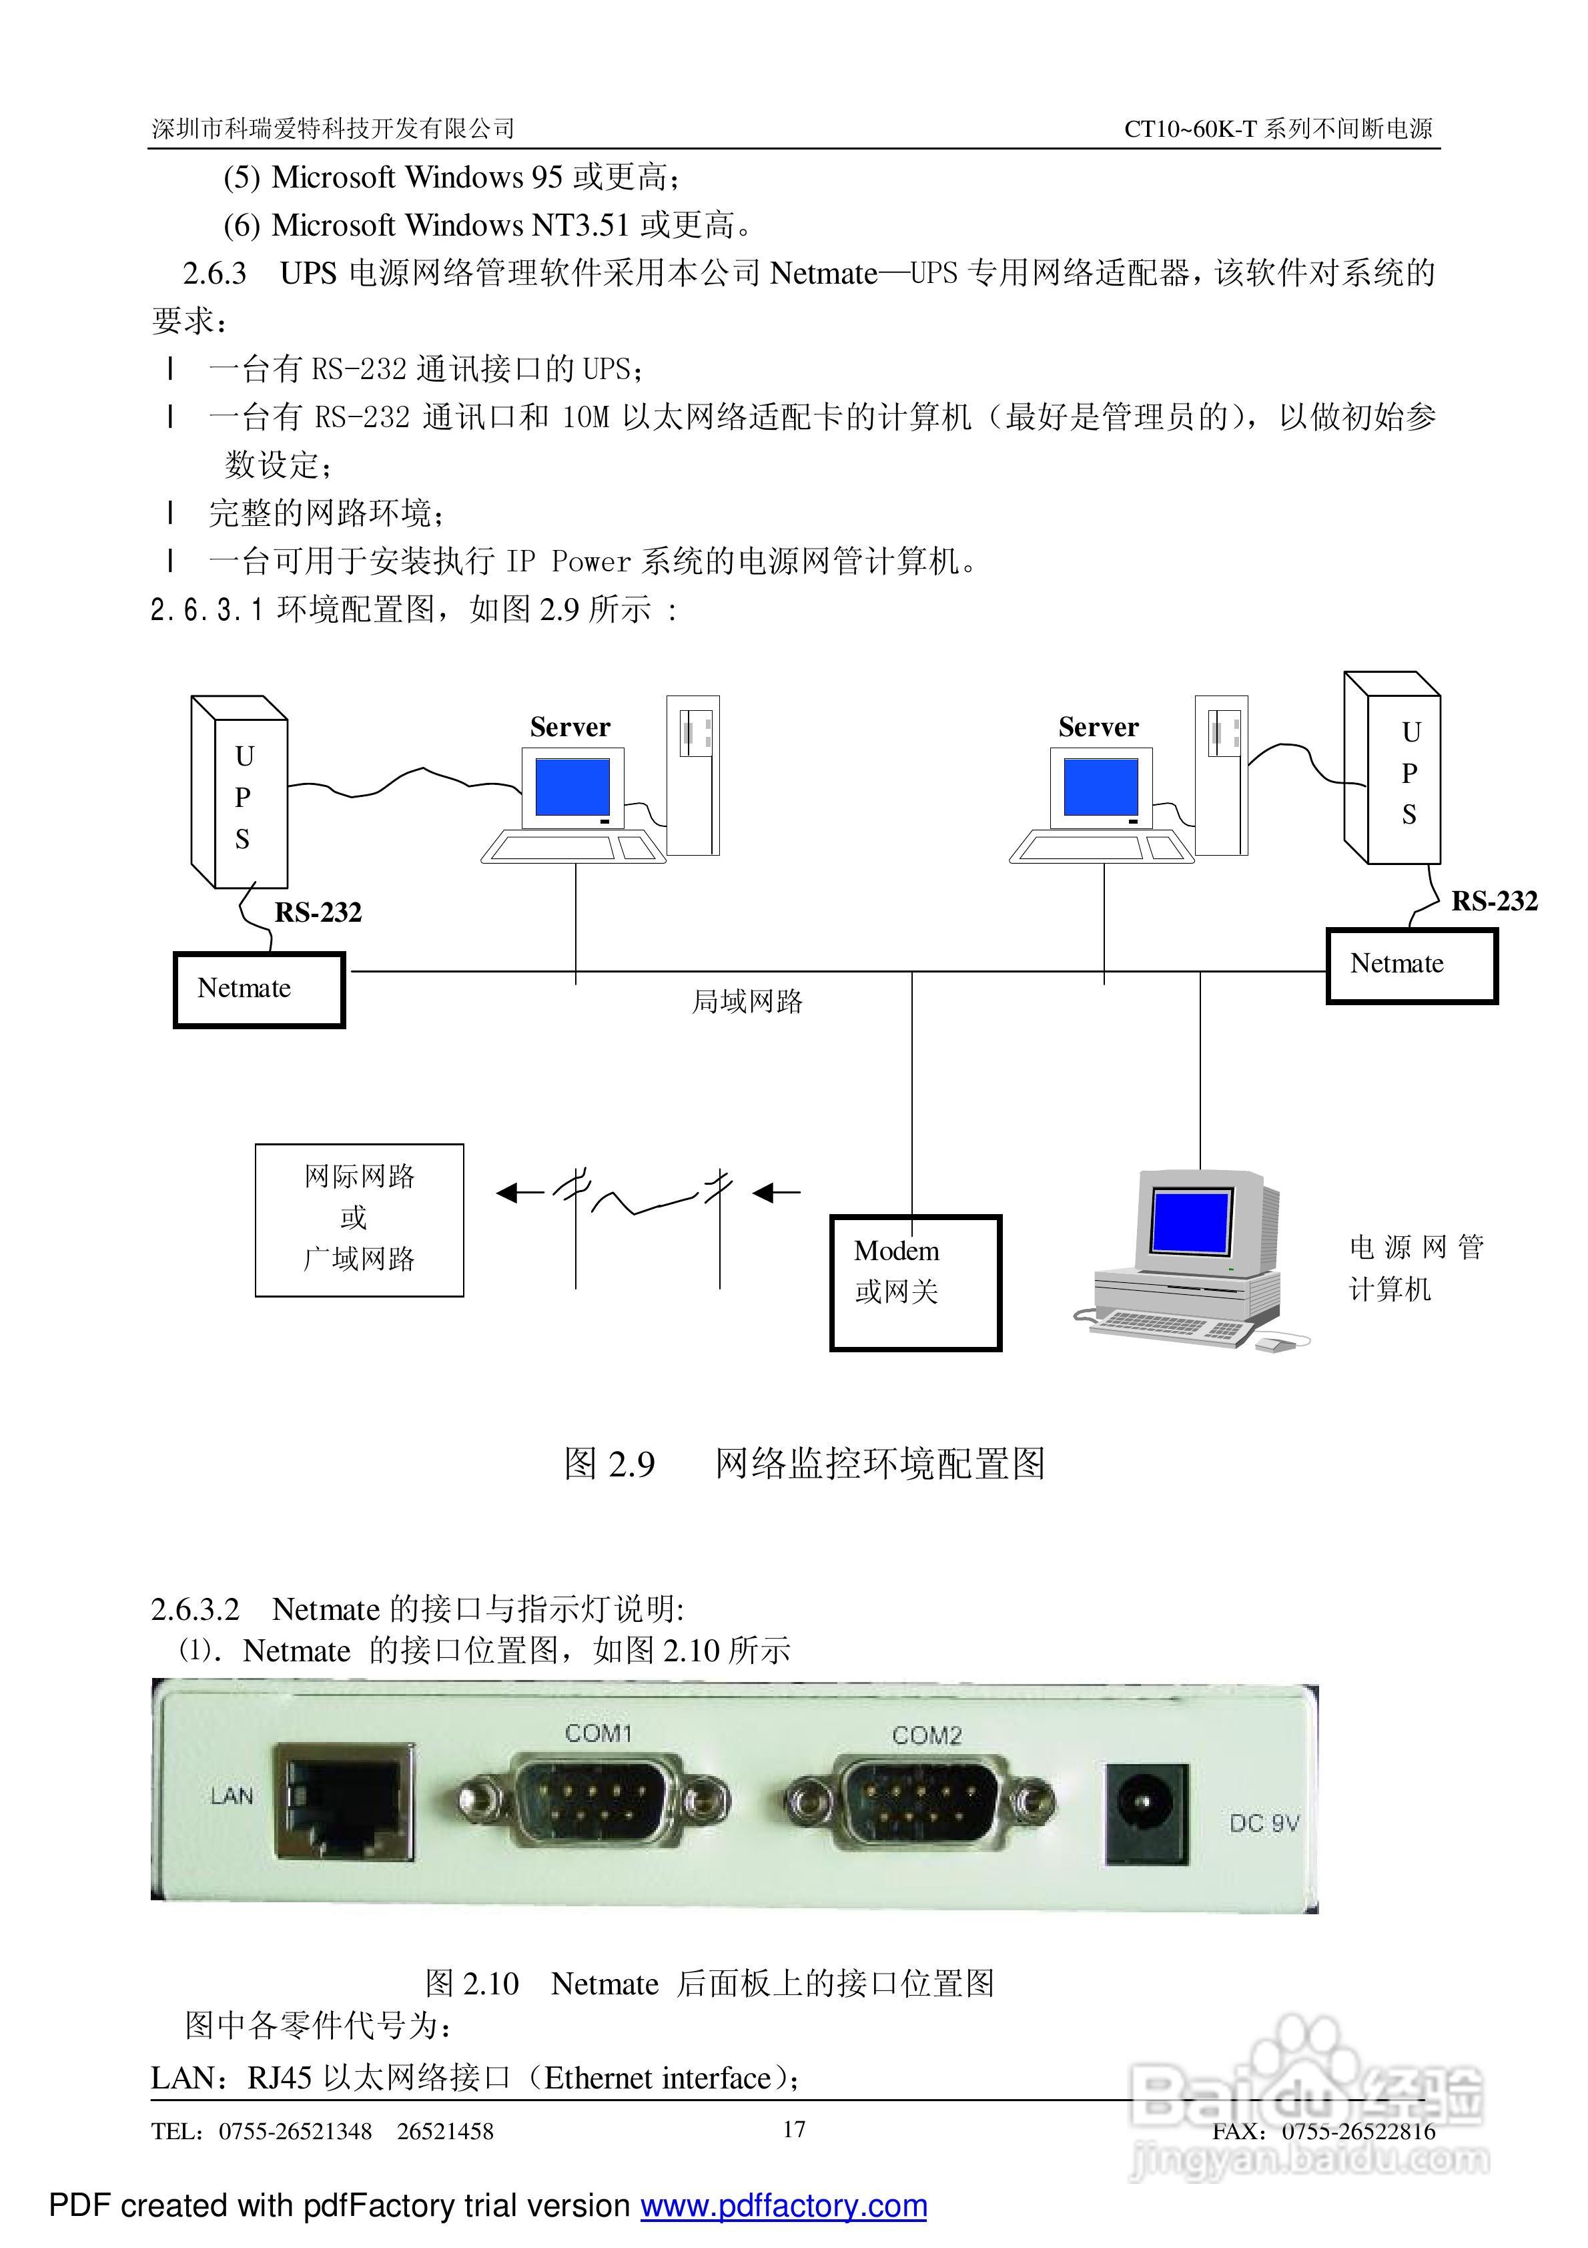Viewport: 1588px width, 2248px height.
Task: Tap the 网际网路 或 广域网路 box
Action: pos(360,1220)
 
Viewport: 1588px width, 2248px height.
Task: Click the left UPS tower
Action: pos(240,793)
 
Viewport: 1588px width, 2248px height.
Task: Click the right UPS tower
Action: pos(1393,769)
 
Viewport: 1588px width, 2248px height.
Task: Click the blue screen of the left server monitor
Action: pos(572,786)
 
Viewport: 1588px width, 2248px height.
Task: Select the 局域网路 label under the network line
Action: pos(747,1002)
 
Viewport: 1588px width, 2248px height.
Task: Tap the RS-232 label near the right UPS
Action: pos(1493,901)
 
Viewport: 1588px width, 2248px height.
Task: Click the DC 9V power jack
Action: pos(1146,1813)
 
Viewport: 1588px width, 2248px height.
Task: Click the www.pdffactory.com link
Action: pos(783,2206)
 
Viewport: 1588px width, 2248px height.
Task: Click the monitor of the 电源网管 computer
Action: pos(1190,1222)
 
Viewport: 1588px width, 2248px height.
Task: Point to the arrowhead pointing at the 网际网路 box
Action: pos(507,1193)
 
